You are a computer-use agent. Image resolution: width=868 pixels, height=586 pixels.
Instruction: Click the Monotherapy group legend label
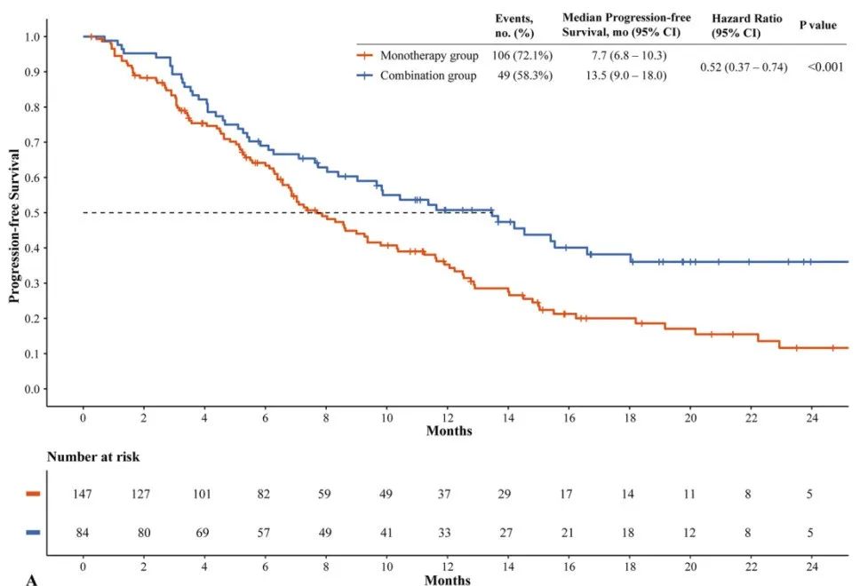tap(428, 56)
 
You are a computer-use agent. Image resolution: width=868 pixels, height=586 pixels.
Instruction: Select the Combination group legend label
tap(428, 75)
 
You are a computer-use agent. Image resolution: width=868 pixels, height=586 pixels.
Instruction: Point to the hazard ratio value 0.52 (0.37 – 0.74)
tap(744, 67)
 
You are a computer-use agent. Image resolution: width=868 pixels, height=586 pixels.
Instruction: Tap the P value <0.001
tap(825, 67)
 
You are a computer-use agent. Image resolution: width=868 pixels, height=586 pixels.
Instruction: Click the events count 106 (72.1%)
tap(524, 56)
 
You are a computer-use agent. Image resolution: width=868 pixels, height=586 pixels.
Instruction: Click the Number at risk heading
tap(93, 457)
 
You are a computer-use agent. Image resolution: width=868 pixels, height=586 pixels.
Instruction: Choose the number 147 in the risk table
tap(83, 494)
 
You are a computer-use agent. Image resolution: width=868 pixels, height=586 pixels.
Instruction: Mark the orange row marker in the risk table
tap(33, 494)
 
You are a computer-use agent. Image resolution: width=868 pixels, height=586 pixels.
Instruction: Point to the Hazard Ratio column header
tap(747, 24)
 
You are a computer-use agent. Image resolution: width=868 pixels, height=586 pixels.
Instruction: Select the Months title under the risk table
tap(448, 580)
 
